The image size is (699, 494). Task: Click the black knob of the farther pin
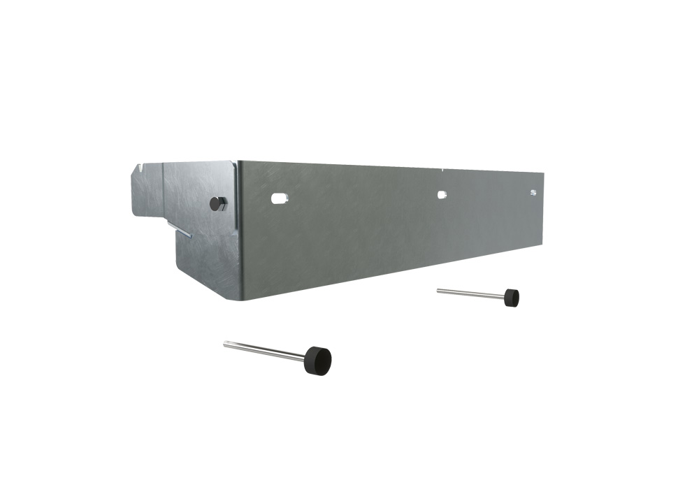pyautogui.click(x=512, y=298)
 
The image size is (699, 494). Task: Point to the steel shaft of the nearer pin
pyautogui.click(x=266, y=350)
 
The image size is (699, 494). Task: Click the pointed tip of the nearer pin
pyautogui.click(x=225, y=343)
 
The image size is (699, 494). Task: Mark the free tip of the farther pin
pyautogui.click(x=438, y=290)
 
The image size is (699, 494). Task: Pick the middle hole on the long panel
pyautogui.click(x=442, y=195)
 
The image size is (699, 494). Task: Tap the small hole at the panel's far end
pyautogui.click(x=533, y=192)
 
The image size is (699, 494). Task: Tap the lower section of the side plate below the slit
pyautogui.click(x=206, y=262)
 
